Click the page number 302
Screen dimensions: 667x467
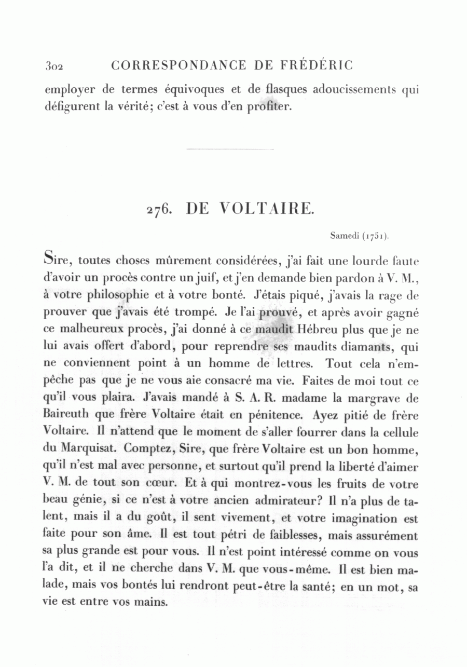tap(53, 66)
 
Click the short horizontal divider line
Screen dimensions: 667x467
tap(229, 150)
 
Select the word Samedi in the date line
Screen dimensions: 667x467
tap(345, 236)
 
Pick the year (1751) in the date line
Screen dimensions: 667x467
tap(375, 236)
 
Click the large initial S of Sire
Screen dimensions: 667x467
tap(50, 258)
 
